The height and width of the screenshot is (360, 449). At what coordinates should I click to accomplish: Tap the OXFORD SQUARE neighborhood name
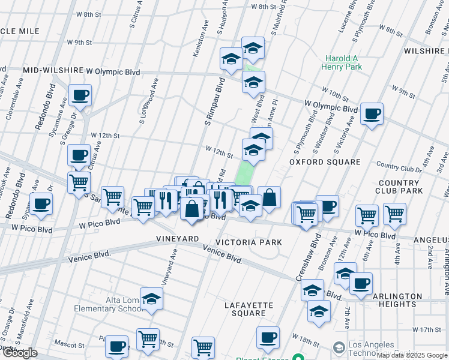click(x=325, y=162)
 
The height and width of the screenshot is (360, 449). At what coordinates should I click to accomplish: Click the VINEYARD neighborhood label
click(x=178, y=239)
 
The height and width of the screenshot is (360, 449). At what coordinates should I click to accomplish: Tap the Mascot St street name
click(x=67, y=346)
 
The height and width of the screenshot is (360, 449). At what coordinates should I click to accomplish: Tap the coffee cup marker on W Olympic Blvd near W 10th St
click(x=372, y=113)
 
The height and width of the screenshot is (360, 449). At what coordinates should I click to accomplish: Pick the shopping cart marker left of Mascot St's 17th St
click(x=147, y=339)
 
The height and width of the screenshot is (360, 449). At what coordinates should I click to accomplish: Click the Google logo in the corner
click(x=19, y=353)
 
